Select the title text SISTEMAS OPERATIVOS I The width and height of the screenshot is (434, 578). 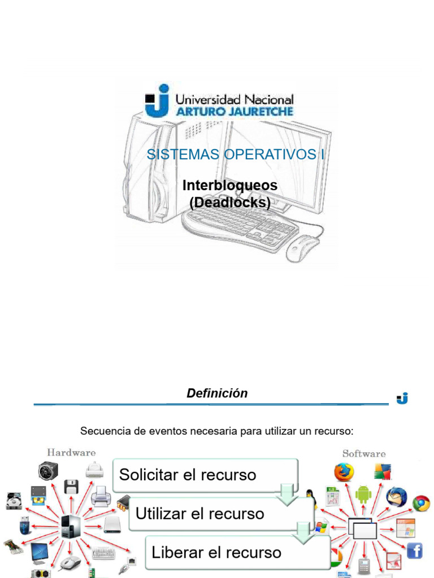(x=236, y=155)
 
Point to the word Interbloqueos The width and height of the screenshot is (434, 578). (x=230, y=185)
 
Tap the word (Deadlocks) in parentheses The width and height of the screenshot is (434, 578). (x=230, y=202)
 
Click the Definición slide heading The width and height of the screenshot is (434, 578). (x=217, y=393)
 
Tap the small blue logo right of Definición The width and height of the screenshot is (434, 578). (x=402, y=399)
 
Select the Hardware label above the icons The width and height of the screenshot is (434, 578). (x=71, y=452)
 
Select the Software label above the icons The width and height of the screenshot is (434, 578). (x=364, y=453)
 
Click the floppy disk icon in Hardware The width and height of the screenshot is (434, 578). (x=71, y=487)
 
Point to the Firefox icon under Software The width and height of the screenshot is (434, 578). (x=344, y=472)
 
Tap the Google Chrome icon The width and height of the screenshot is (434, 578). (x=421, y=503)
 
